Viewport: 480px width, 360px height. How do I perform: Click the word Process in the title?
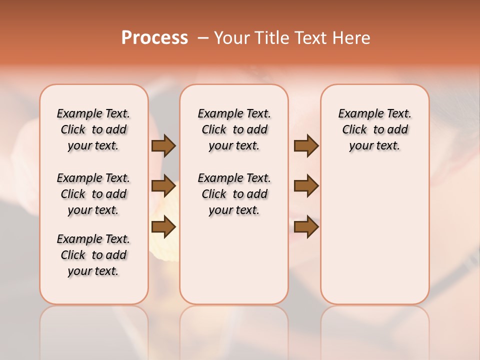pyautogui.click(x=154, y=38)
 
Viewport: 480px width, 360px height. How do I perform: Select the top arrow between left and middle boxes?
pyautogui.click(x=163, y=146)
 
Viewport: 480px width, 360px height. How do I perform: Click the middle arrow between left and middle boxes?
pyautogui.click(x=163, y=186)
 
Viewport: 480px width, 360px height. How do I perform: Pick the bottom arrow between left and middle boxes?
pyautogui.click(x=163, y=227)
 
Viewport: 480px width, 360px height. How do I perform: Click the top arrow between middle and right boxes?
pyautogui.click(x=306, y=146)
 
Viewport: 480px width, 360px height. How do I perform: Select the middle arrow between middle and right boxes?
pyautogui.click(x=306, y=186)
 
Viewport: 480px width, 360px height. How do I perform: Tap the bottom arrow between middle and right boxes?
pyautogui.click(x=306, y=227)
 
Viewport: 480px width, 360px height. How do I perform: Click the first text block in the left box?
pyautogui.click(x=93, y=129)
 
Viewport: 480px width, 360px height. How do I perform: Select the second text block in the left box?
pyautogui.click(x=93, y=194)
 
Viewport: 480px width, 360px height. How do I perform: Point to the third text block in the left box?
pyautogui.click(x=93, y=255)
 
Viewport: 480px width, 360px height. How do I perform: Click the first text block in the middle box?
pyautogui.click(x=234, y=129)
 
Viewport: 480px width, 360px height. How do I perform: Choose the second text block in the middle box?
pyautogui.click(x=234, y=194)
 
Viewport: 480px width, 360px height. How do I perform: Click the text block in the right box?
pyautogui.click(x=374, y=129)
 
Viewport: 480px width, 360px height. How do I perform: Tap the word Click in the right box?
pyautogui.click(x=354, y=130)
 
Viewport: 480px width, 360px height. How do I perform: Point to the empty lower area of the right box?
pyautogui.click(x=374, y=235)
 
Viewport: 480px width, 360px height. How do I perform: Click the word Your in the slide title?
pyautogui.click(x=232, y=38)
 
